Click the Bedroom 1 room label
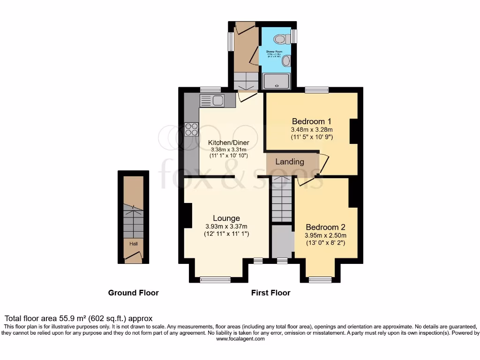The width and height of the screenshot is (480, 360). tap(312, 120)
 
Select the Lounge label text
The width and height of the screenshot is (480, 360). tap(226, 218)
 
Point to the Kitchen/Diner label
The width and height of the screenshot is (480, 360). tap(229, 142)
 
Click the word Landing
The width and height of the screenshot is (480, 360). tap(290, 162)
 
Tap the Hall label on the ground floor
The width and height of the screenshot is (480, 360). tap(134, 244)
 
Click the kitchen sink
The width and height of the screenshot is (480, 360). tap(212, 100)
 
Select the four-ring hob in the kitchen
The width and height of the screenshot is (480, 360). tap(191, 129)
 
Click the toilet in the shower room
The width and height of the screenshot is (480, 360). tap(283, 38)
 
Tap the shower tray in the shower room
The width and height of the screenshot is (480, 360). tap(277, 82)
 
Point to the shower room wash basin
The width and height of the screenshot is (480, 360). tap(286, 60)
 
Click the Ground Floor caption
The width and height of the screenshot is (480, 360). tap(134, 293)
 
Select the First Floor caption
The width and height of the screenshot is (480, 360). tap(270, 293)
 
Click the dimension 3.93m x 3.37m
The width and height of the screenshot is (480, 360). tap(226, 226)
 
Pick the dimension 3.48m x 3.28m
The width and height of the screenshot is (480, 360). tap(312, 130)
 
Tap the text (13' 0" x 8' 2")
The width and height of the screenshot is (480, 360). tap(325, 242)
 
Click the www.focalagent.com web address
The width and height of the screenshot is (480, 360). tap(240, 339)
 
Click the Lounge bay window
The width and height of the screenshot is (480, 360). tap(216, 280)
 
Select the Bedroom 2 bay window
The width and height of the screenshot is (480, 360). tap(320, 280)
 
